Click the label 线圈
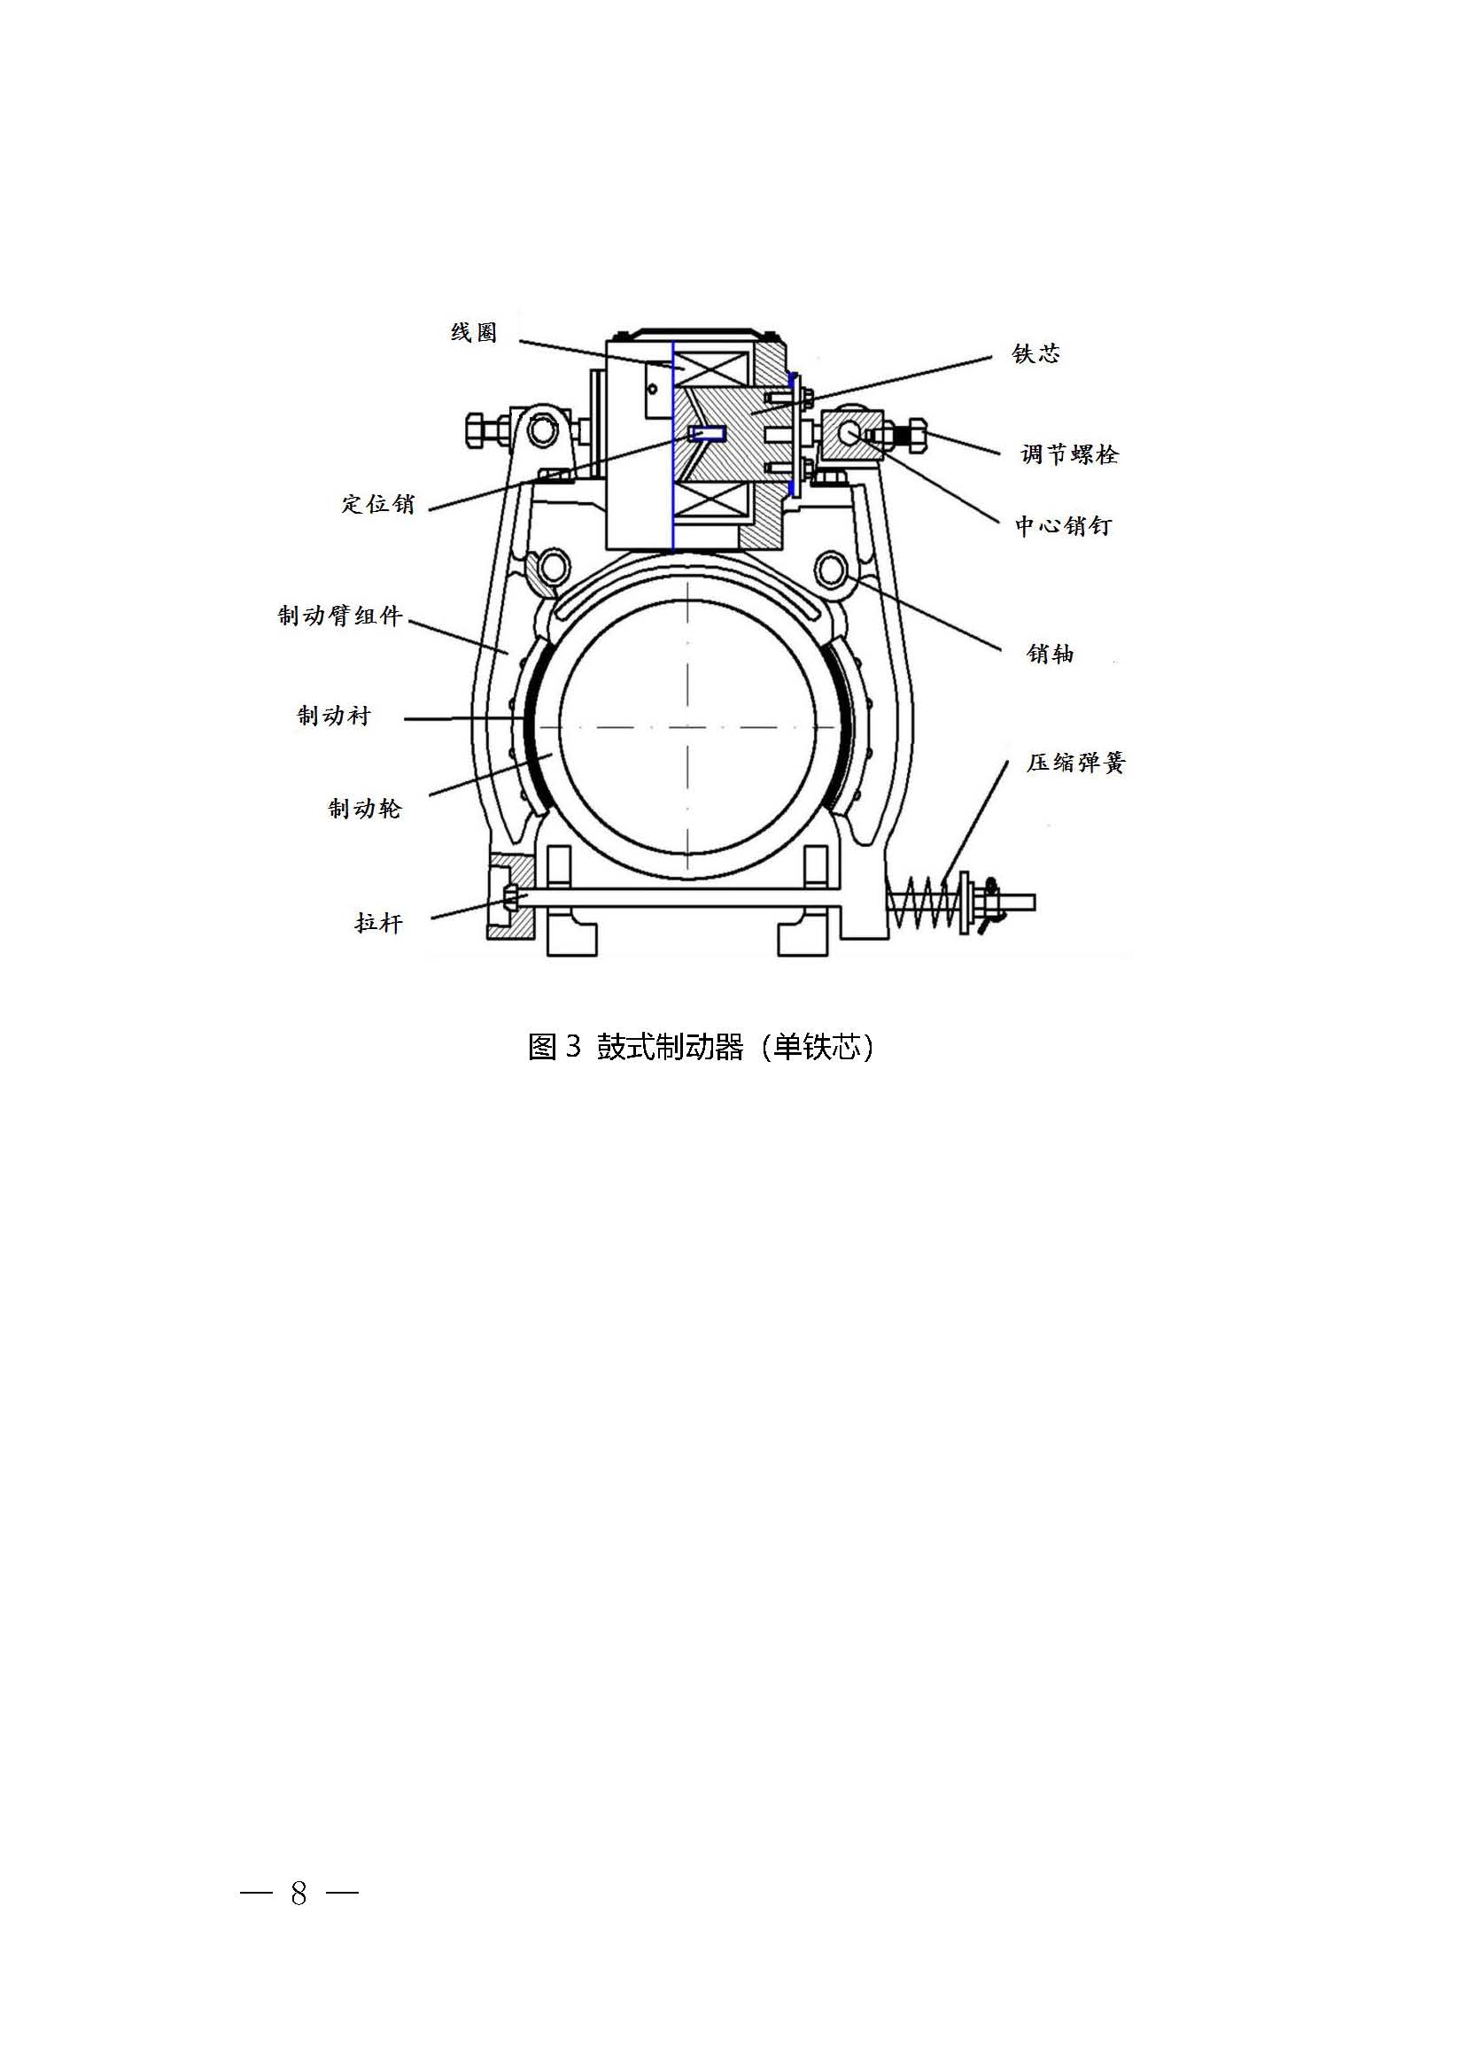(473, 333)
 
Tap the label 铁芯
(1036, 353)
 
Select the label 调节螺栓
(1069, 454)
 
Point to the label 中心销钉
(1064, 526)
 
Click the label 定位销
(378, 504)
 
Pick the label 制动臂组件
(340, 616)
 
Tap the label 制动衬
(334, 716)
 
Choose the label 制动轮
(365, 809)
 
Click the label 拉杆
(379, 923)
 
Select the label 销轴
(1051, 654)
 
